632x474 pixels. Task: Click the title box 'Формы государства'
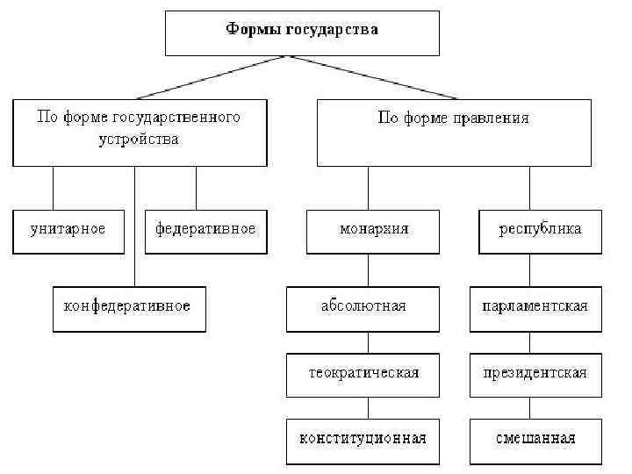[x=301, y=32]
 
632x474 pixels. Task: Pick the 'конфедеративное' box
[x=128, y=308]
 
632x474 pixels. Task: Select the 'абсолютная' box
[x=363, y=309]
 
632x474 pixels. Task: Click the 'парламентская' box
[x=535, y=309]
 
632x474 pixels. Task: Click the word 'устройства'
[x=139, y=140]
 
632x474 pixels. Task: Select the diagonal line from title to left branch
[x=211, y=78]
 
